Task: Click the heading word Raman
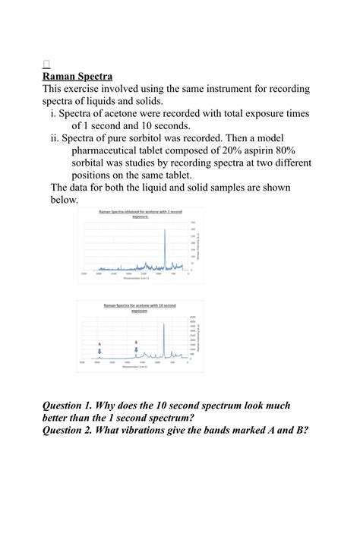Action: click(61, 76)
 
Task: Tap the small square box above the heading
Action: click(46, 64)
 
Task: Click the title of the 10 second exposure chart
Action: click(140, 308)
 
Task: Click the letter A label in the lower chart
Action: click(99, 344)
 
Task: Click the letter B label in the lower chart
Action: click(136, 343)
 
